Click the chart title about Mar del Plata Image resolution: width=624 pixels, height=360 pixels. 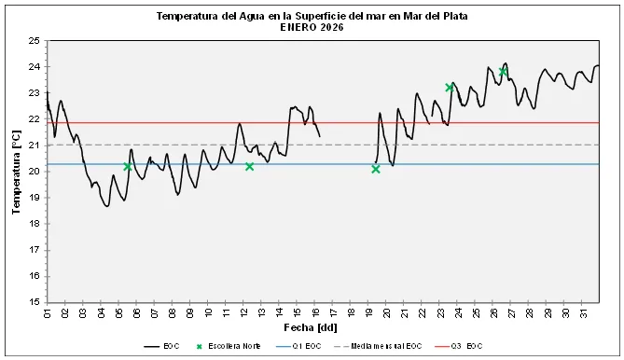click(x=312, y=17)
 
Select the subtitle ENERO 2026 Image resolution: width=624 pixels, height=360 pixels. click(x=312, y=28)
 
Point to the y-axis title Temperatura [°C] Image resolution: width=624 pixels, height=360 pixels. click(x=16, y=173)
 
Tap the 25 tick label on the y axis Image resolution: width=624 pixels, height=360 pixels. click(x=34, y=41)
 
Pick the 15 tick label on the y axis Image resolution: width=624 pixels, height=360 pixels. click(x=34, y=302)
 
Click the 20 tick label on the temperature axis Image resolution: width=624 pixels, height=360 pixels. click(x=34, y=172)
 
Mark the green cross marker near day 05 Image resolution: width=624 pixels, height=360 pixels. click(x=128, y=167)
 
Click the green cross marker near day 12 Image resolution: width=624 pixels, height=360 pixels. click(x=249, y=167)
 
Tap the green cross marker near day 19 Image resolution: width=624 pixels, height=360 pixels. click(x=376, y=169)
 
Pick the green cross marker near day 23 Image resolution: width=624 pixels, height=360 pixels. click(x=450, y=88)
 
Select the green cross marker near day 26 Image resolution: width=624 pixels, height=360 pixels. click(x=503, y=72)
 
